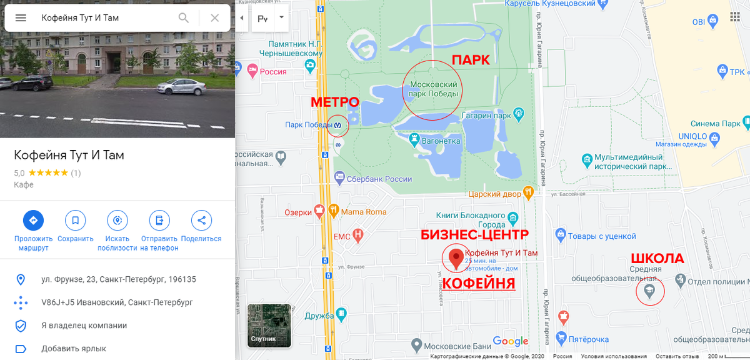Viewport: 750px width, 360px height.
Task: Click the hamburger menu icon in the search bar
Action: [21, 17]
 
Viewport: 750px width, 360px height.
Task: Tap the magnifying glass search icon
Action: [183, 17]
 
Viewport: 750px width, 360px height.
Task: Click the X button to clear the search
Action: [214, 17]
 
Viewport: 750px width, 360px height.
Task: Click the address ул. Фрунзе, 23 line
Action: [119, 279]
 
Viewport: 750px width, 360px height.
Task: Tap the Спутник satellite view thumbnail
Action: [269, 325]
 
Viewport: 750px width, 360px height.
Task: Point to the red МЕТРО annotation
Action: [335, 102]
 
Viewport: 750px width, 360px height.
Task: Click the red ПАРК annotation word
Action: [470, 60]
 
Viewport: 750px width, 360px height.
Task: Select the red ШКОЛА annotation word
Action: [657, 259]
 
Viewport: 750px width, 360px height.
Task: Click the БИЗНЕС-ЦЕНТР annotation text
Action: [475, 234]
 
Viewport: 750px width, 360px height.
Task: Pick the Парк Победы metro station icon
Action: [338, 125]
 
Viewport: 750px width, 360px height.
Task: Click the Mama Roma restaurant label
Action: [363, 212]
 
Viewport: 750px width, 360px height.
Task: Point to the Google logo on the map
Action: [510, 341]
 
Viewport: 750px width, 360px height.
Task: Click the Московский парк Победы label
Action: [432, 89]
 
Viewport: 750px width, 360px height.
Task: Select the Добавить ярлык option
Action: [74, 349]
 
